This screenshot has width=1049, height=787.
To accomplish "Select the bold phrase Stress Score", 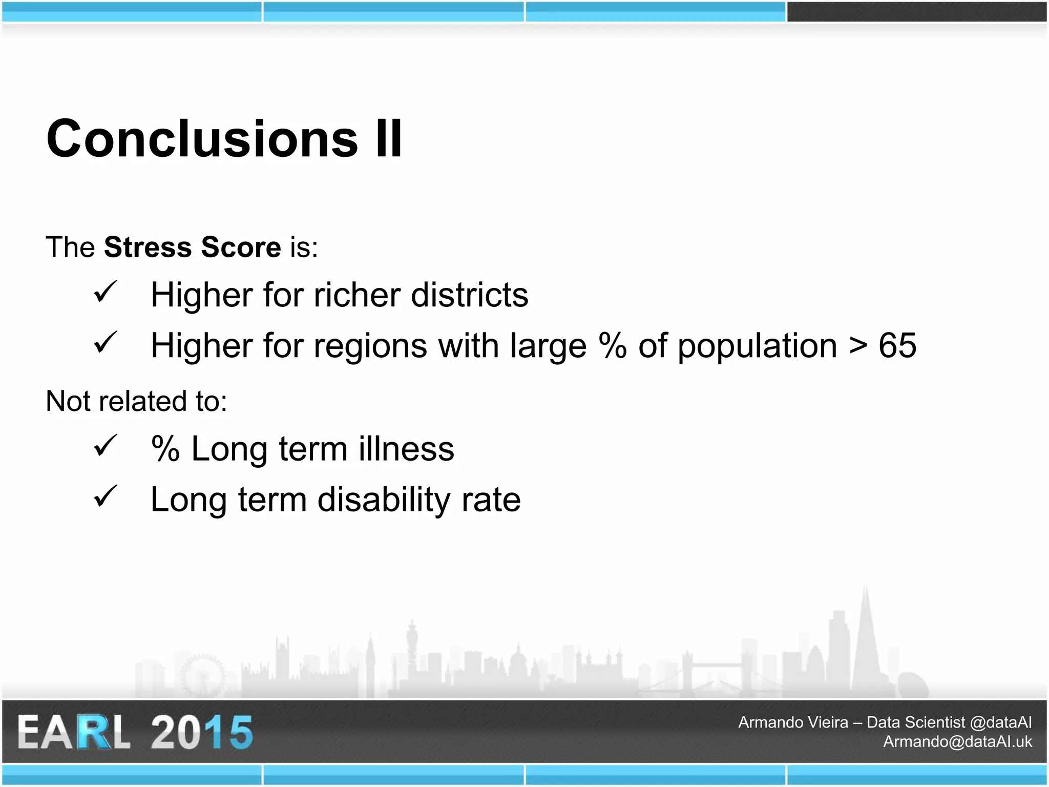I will point(192,247).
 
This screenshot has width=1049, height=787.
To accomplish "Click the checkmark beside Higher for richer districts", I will point(106,292).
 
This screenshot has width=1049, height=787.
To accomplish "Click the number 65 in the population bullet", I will point(897,346).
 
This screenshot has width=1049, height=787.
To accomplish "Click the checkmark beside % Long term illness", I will point(106,446).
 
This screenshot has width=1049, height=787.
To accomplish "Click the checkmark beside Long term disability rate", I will point(106,496).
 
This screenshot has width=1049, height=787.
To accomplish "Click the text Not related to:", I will point(136,401).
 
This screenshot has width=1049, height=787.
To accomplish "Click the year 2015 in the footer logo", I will point(202,732).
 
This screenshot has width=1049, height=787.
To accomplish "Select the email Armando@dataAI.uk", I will point(957,742).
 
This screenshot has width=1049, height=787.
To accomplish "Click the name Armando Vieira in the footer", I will point(793,722).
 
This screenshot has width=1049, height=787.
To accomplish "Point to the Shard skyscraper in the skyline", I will point(866,646).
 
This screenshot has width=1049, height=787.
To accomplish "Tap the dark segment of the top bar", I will point(916,12).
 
